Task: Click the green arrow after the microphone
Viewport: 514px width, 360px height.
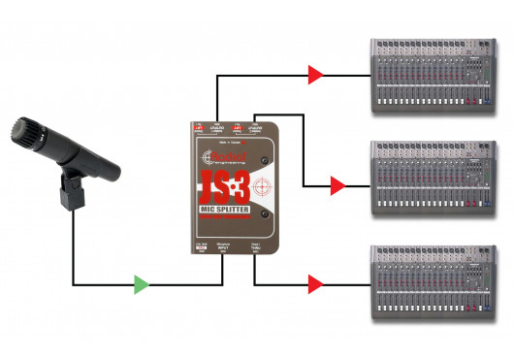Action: point(142,285)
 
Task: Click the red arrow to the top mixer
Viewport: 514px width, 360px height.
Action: point(313,73)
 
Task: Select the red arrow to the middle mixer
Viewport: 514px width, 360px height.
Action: point(337,183)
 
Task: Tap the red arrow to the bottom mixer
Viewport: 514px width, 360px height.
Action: point(313,285)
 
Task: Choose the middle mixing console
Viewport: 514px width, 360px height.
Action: point(433,179)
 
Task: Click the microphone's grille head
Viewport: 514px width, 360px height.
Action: point(29,132)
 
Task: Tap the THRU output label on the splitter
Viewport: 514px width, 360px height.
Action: point(256,247)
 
